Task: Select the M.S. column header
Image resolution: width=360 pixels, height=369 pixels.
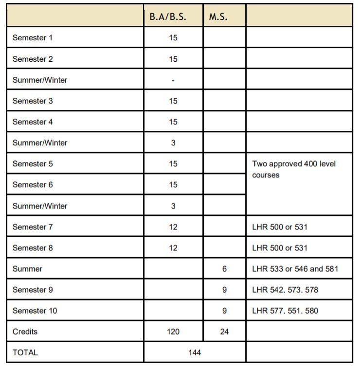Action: point(218,17)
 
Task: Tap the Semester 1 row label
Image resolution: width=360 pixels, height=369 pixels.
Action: point(32,37)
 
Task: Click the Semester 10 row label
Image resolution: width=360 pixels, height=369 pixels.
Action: point(35,311)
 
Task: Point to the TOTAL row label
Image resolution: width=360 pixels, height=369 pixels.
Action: point(25,352)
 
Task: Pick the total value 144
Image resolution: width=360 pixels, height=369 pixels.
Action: point(195,352)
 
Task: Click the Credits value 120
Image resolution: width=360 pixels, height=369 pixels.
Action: point(173,332)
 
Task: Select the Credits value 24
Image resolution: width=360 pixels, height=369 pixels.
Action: point(224,332)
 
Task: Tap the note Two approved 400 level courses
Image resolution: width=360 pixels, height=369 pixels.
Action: point(294,169)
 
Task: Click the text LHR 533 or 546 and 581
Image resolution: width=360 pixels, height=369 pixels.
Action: point(295,269)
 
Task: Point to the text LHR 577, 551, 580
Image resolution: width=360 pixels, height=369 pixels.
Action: point(285,311)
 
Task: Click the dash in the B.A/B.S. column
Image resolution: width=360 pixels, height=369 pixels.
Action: point(173,80)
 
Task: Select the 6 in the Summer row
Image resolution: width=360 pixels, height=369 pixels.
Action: point(224,269)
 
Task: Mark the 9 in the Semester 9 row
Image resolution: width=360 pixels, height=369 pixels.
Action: point(224,290)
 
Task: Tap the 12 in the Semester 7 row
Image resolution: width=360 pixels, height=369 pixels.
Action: point(173,227)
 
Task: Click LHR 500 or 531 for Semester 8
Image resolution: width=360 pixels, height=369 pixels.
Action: point(280,248)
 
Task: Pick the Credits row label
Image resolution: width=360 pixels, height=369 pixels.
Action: point(25,332)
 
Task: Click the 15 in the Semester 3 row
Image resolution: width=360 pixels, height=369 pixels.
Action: point(173,101)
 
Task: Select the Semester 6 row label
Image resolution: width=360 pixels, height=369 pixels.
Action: point(32,185)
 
